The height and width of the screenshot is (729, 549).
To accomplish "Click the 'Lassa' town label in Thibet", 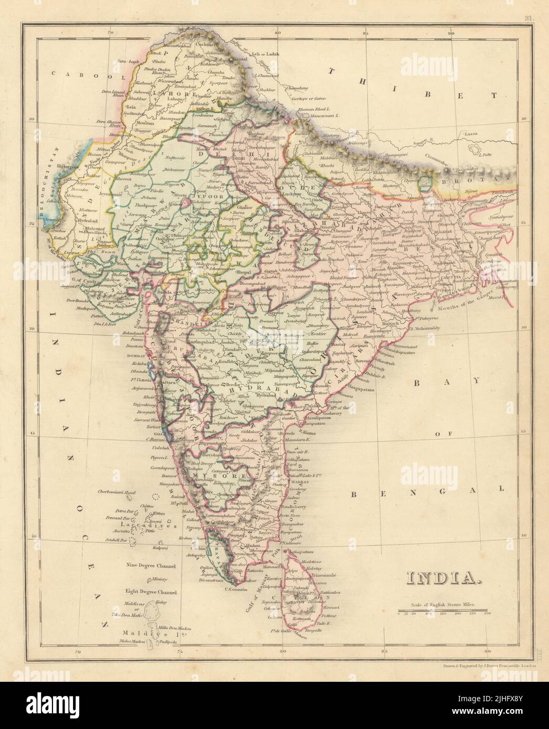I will point(471,135).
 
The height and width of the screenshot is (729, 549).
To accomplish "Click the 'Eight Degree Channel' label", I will point(151,591).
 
